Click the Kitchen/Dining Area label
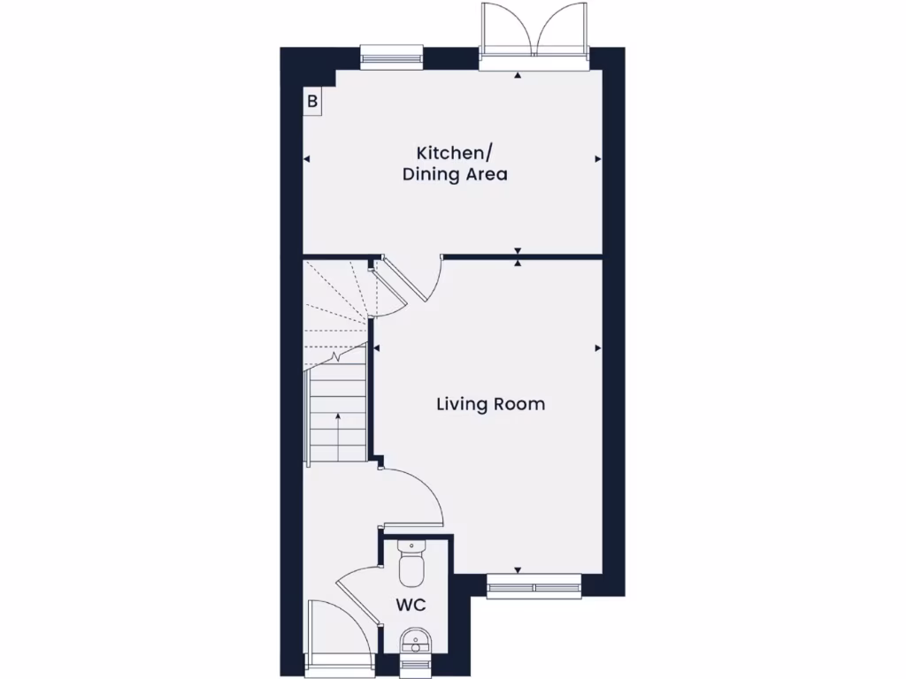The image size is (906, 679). point(455,163)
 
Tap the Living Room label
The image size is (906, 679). point(490,405)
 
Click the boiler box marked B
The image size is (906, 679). point(311,102)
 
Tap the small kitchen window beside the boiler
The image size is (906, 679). point(388,57)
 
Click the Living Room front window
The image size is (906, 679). point(534,585)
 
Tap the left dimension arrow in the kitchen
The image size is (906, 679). point(307,159)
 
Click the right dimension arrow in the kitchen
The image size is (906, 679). point(598,159)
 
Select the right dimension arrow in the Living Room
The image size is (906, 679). point(598,347)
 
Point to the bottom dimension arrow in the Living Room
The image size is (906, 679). point(518,570)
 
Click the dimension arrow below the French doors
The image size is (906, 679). point(518,77)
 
